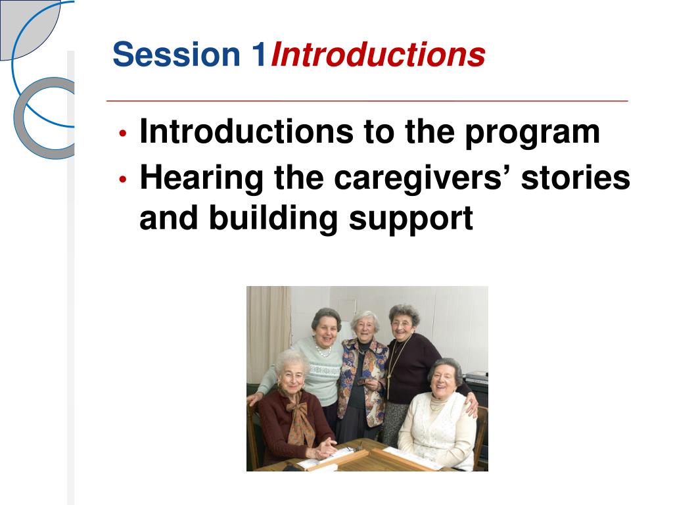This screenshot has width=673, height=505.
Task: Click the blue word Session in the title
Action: (x=176, y=54)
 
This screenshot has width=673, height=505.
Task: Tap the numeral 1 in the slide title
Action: (x=258, y=54)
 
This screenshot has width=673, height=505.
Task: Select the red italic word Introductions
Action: (x=378, y=55)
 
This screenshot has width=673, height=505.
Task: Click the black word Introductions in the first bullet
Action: (x=246, y=131)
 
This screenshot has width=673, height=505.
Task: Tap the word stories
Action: (x=576, y=177)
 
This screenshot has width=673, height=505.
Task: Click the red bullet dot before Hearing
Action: (x=123, y=179)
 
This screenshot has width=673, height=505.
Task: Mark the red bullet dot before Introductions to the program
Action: (x=123, y=133)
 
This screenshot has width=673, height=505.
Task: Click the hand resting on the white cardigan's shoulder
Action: (x=472, y=406)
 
